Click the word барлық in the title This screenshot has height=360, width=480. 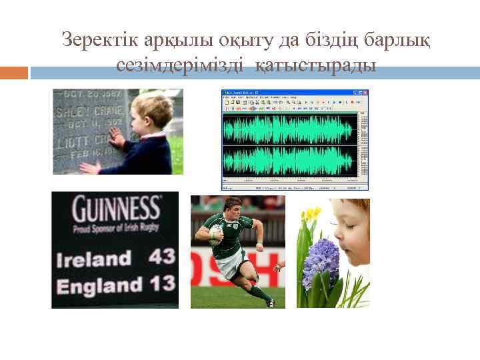(399, 40)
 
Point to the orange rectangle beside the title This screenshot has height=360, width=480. (13, 72)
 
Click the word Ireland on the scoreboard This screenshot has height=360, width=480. (93, 258)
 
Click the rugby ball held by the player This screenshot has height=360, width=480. (216, 233)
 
